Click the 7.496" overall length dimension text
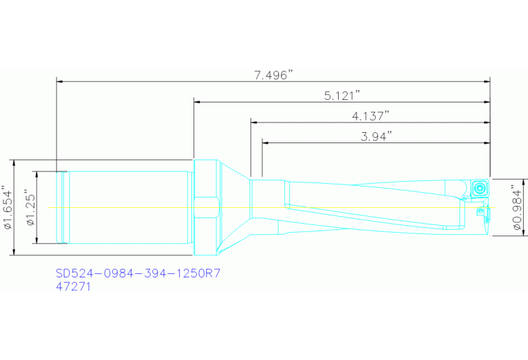(273, 75)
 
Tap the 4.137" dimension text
(370, 116)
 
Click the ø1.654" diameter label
(8, 207)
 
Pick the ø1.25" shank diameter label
(29, 207)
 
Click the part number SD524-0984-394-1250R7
(138, 273)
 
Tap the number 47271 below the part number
(73, 286)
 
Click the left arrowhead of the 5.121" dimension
(198, 102)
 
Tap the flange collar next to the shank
(206, 207)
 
